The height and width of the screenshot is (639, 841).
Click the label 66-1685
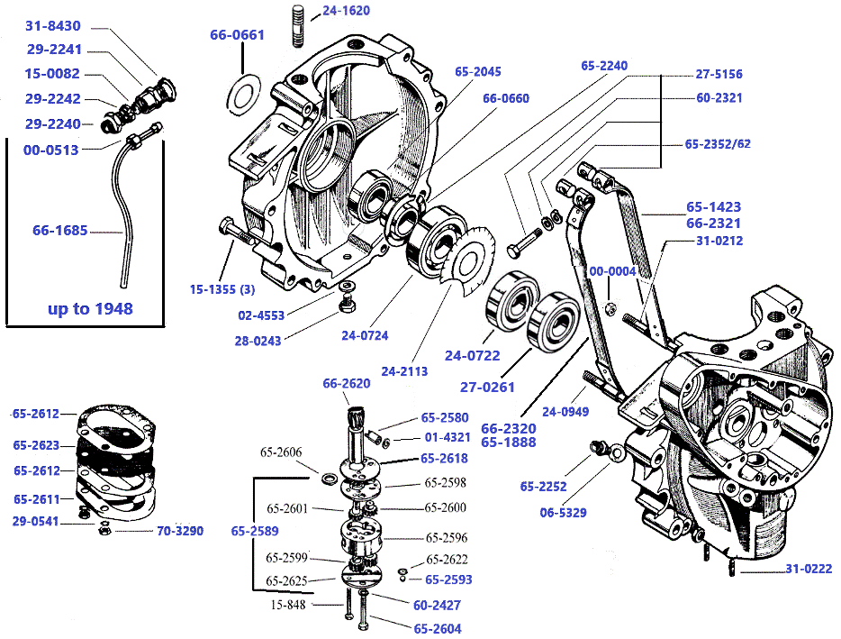[59, 231]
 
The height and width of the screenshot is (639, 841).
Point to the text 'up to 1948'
[89, 309]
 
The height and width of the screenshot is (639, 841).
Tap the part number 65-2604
[438, 628]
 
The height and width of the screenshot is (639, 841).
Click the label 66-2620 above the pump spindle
[348, 384]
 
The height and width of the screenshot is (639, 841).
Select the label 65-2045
[477, 71]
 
